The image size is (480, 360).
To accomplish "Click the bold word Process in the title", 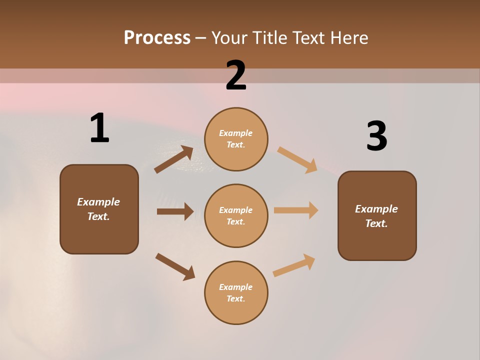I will pyautogui.click(x=157, y=38).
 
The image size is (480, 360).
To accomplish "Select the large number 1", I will pyautogui.click(x=99, y=128).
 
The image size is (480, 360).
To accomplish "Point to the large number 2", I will pyautogui.click(x=236, y=75).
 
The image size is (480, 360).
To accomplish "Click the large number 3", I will pyautogui.click(x=376, y=136).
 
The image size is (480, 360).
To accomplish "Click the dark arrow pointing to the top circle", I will pyautogui.click(x=174, y=159).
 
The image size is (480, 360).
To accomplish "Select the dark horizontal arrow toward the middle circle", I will pyautogui.click(x=175, y=211).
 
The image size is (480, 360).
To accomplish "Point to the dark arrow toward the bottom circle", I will pyautogui.click(x=175, y=266).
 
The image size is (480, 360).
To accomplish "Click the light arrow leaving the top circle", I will pyautogui.click(x=297, y=159).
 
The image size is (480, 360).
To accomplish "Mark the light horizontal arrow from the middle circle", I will pyautogui.click(x=296, y=210).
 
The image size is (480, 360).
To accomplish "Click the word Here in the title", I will pyautogui.click(x=348, y=38).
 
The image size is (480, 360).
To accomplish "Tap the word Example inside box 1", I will pyautogui.click(x=98, y=202).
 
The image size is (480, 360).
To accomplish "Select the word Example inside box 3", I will pyautogui.click(x=376, y=209).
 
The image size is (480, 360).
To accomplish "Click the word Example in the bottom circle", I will pyautogui.click(x=236, y=287).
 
